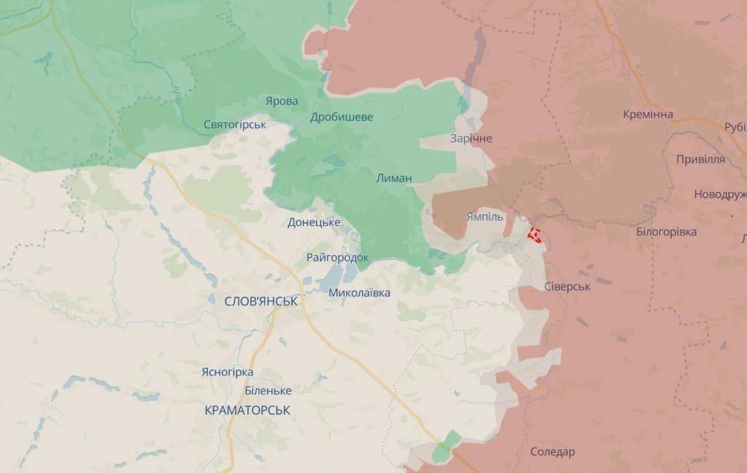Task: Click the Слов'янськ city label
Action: (262, 301)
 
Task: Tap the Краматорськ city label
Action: (248, 410)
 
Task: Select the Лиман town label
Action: (394, 178)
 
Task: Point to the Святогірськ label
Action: (235, 125)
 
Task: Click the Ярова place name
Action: (282, 102)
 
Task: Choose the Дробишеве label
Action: (342, 117)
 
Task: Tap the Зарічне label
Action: (471, 138)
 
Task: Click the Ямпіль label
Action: (484, 217)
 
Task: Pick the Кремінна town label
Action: (648, 114)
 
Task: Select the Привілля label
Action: (700, 159)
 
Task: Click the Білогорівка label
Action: (666, 232)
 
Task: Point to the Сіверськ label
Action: (568, 287)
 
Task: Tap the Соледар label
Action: (552, 452)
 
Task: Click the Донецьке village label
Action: (314, 223)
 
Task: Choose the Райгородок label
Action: (337, 257)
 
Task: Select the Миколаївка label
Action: (359, 293)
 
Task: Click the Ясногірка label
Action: (227, 372)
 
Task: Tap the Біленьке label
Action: (268, 391)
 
